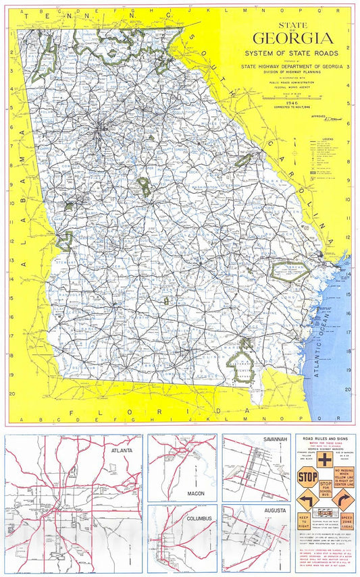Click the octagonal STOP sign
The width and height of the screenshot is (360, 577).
(x=307, y=477)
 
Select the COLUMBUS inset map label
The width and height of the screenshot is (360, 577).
(x=201, y=518)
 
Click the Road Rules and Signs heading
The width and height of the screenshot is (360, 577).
(x=326, y=438)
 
